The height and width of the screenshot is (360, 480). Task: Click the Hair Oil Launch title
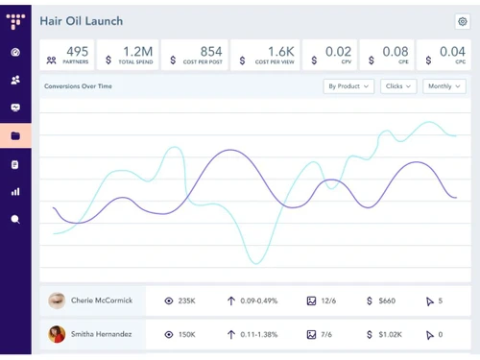click(82, 20)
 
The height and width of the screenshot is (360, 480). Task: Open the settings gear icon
click(462, 21)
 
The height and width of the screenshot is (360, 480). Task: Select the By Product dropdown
click(348, 86)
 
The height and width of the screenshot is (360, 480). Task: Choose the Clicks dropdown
click(397, 86)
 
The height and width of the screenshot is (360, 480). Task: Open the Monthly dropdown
click(443, 86)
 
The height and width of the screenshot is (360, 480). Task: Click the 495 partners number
click(78, 52)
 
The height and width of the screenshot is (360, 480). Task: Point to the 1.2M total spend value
click(137, 52)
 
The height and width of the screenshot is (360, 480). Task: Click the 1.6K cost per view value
click(280, 52)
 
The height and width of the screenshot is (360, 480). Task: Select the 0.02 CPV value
click(338, 52)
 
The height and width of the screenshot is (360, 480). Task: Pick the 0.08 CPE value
click(395, 52)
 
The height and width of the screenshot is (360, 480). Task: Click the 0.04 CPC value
click(453, 52)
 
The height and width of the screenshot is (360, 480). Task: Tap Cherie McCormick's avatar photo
click(57, 300)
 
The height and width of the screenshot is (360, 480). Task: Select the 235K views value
click(187, 300)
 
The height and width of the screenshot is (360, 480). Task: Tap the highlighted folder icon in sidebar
click(15, 135)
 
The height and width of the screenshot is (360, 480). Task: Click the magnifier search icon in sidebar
click(15, 219)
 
